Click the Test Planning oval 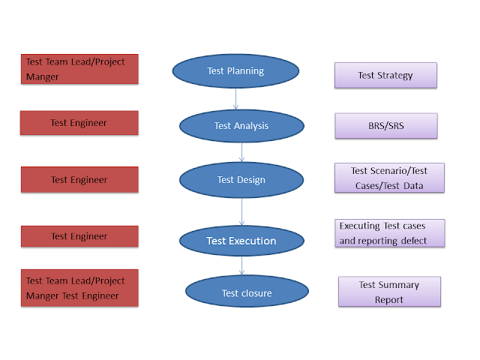click(235, 71)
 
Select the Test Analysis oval click(241, 125)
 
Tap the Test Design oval click(241, 180)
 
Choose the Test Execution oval click(241, 241)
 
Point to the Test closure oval click(247, 292)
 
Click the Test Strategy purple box click(385, 76)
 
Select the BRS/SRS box click(385, 126)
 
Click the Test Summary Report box click(389, 292)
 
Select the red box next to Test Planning click(79, 69)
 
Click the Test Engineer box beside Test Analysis click(79, 123)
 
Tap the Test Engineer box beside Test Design click(79, 180)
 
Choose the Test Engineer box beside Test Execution click(79, 236)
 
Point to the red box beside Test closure click(79, 288)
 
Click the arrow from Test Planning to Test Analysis click(236, 99)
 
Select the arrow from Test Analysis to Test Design click(241, 152)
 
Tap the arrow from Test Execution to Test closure click(241, 266)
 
